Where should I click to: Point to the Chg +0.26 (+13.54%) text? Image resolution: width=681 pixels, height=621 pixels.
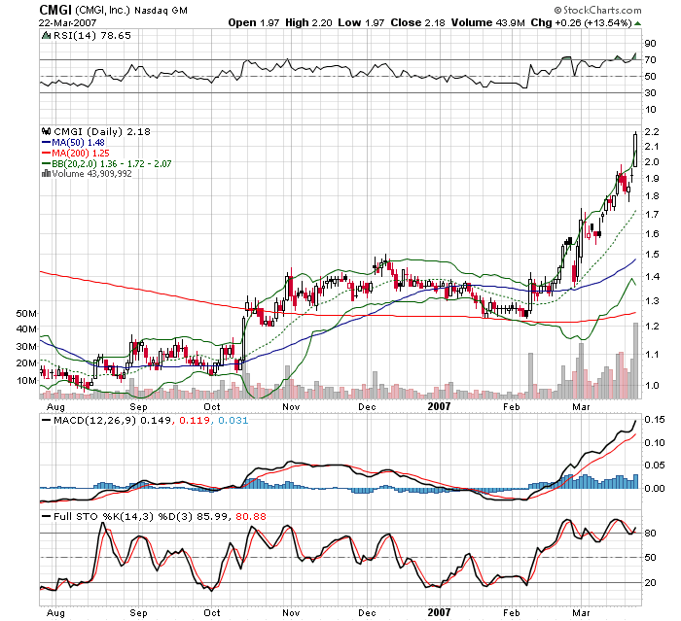click(x=591, y=21)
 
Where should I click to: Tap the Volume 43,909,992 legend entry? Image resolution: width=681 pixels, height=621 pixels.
click(x=92, y=174)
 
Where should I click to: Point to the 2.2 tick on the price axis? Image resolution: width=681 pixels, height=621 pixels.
click(x=652, y=131)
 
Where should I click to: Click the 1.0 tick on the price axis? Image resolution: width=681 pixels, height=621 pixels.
click(x=652, y=386)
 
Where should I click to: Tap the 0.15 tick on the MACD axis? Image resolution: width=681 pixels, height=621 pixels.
click(x=655, y=420)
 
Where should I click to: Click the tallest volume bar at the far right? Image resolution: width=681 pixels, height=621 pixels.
click(x=636, y=361)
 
